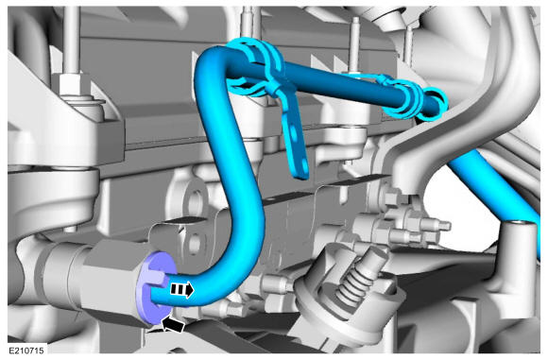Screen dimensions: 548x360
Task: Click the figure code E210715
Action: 26,351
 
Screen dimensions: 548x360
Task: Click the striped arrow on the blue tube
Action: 181,289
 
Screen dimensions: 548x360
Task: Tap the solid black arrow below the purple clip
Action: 173,324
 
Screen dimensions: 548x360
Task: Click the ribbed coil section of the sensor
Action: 353,282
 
